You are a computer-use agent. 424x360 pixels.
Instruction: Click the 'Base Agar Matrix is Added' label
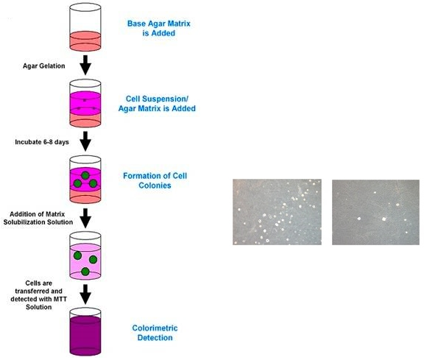click(159, 28)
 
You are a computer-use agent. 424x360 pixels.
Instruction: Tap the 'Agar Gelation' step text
click(44, 66)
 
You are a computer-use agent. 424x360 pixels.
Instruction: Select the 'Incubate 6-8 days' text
click(42, 142)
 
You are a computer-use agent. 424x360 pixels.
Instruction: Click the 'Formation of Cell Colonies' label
click(155, 180)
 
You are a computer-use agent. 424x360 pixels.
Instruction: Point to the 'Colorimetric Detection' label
click(155, 333)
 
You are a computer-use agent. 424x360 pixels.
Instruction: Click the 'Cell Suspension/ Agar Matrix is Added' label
click(157, 104)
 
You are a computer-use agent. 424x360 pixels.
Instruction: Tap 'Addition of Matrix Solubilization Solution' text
click(38, 218)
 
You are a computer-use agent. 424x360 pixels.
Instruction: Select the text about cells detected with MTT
click(39, 295)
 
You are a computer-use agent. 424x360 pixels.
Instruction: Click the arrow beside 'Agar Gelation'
click(85, 66)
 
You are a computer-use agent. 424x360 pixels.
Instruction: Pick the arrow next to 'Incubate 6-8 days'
click(85, 141)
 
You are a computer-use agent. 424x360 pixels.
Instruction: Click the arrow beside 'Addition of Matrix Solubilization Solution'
click(85, 218)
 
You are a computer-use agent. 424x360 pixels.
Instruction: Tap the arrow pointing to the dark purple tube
click(85, 294)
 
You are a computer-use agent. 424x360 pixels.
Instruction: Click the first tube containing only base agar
click(85, 27)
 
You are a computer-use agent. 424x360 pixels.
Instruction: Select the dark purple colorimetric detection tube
click(85, 332)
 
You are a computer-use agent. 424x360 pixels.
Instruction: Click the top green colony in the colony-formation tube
click(85, 175)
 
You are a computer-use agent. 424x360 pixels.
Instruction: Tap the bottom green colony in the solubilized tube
click(85, 272)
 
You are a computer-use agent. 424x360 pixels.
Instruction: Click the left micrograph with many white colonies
click(278, 212)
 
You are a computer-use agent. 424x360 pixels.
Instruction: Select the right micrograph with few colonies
click(376, 212)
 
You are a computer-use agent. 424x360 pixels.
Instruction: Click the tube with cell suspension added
click(85, 103)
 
